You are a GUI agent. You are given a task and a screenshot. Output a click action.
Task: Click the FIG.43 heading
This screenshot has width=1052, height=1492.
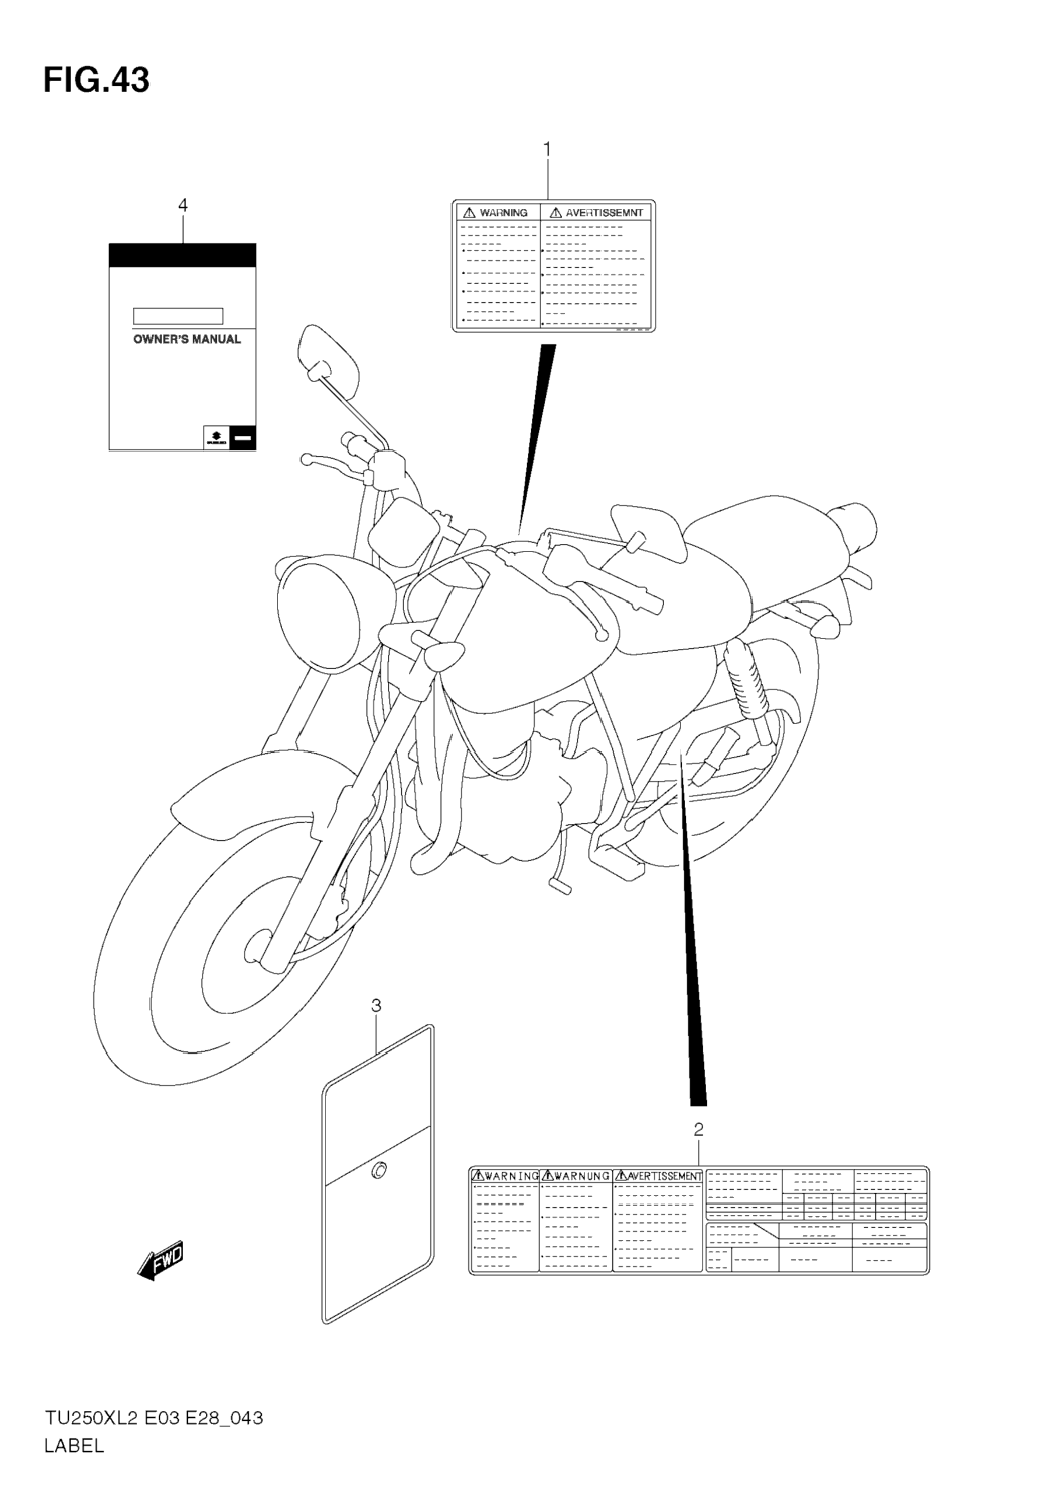pyautogui.click(x=96, y=80)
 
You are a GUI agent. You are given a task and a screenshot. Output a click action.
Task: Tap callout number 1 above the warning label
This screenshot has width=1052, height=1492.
pyautogui.click(x=547, y=150)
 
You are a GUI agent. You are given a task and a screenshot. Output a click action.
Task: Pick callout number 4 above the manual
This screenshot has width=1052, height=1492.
pyautogui.click(x=183, y=205)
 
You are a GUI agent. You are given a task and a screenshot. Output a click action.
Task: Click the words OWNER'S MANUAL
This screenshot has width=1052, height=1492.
pyautogui.click(x=187, y=339)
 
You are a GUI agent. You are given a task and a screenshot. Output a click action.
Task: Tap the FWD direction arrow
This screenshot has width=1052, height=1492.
pyautogui.click(x=161, y=1263)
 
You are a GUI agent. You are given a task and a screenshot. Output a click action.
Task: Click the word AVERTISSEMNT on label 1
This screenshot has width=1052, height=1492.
pyautogui.click(x=604, y=212)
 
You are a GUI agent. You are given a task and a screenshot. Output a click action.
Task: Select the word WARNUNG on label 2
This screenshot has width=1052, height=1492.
pyautogui.click(x=582, y=1176)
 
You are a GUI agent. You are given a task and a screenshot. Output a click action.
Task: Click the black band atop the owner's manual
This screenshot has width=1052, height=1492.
pyautogui.click(x=183, y=256)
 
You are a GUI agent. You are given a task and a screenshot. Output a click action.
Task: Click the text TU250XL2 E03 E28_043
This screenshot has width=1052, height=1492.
pyautogui.click(x=153, y=1418)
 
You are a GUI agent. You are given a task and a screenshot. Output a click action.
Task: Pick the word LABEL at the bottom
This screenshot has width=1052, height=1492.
pyautogui.click(x=74, y=1446)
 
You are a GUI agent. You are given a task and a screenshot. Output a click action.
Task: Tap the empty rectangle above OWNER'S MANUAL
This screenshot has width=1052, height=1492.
pyautogui.click(x=178, y=316)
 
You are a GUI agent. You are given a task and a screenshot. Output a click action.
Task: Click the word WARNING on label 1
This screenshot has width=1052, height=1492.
pyautogui.click(x=503, y=212)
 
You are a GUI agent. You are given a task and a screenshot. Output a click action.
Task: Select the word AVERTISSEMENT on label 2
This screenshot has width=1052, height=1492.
pyautogui.click(x=664, y=1176)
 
